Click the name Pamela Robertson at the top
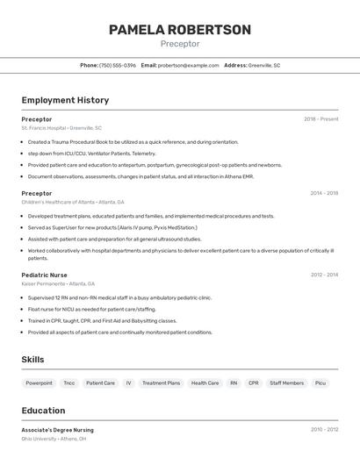point(180,29)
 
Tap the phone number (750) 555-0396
point(118,66)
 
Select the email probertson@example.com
point(188,66)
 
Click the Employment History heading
point(65,100)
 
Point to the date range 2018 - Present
point(321,119)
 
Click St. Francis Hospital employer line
point(61,128)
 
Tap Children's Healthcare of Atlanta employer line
point(73,202)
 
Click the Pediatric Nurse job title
point(44,275)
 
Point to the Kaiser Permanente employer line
point(58,283)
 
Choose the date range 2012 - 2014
point(324,275)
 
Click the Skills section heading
point(33,360)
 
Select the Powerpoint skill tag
point(39,383)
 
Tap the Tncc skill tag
point(69,383)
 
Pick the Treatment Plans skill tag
point(161,383)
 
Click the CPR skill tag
point(254,383)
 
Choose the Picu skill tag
point(320,383)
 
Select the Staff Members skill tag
point(287,383)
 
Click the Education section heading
point(44,410)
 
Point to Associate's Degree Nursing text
point(58,430)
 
